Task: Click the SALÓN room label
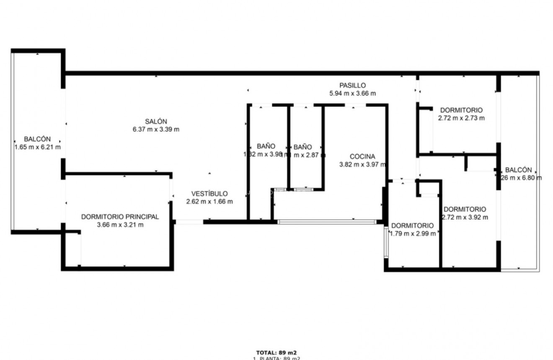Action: coord(156,122)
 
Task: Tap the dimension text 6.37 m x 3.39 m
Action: coord(156,129)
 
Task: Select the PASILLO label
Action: coord(352,85)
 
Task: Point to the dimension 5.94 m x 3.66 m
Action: coord(352,93)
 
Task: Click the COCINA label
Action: coord(362,157)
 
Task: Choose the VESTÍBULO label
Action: coord(209,194)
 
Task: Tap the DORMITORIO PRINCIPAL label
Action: coord(120,217)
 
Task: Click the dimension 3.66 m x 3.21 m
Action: coord(120,225)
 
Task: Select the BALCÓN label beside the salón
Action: coord(37,139)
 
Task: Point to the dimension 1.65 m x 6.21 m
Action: coord(37,147)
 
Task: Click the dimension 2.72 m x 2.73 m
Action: coord(461,118)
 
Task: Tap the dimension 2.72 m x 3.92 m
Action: coord(465,217)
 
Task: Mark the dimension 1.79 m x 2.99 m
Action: coord(413,233)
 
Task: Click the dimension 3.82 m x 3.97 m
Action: coord(362,165)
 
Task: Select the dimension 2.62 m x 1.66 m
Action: coord(209,202)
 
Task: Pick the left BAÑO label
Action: coord(266,146)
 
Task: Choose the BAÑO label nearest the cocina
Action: coord(302,147)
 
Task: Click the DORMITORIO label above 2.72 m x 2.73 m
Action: coord(461,110)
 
